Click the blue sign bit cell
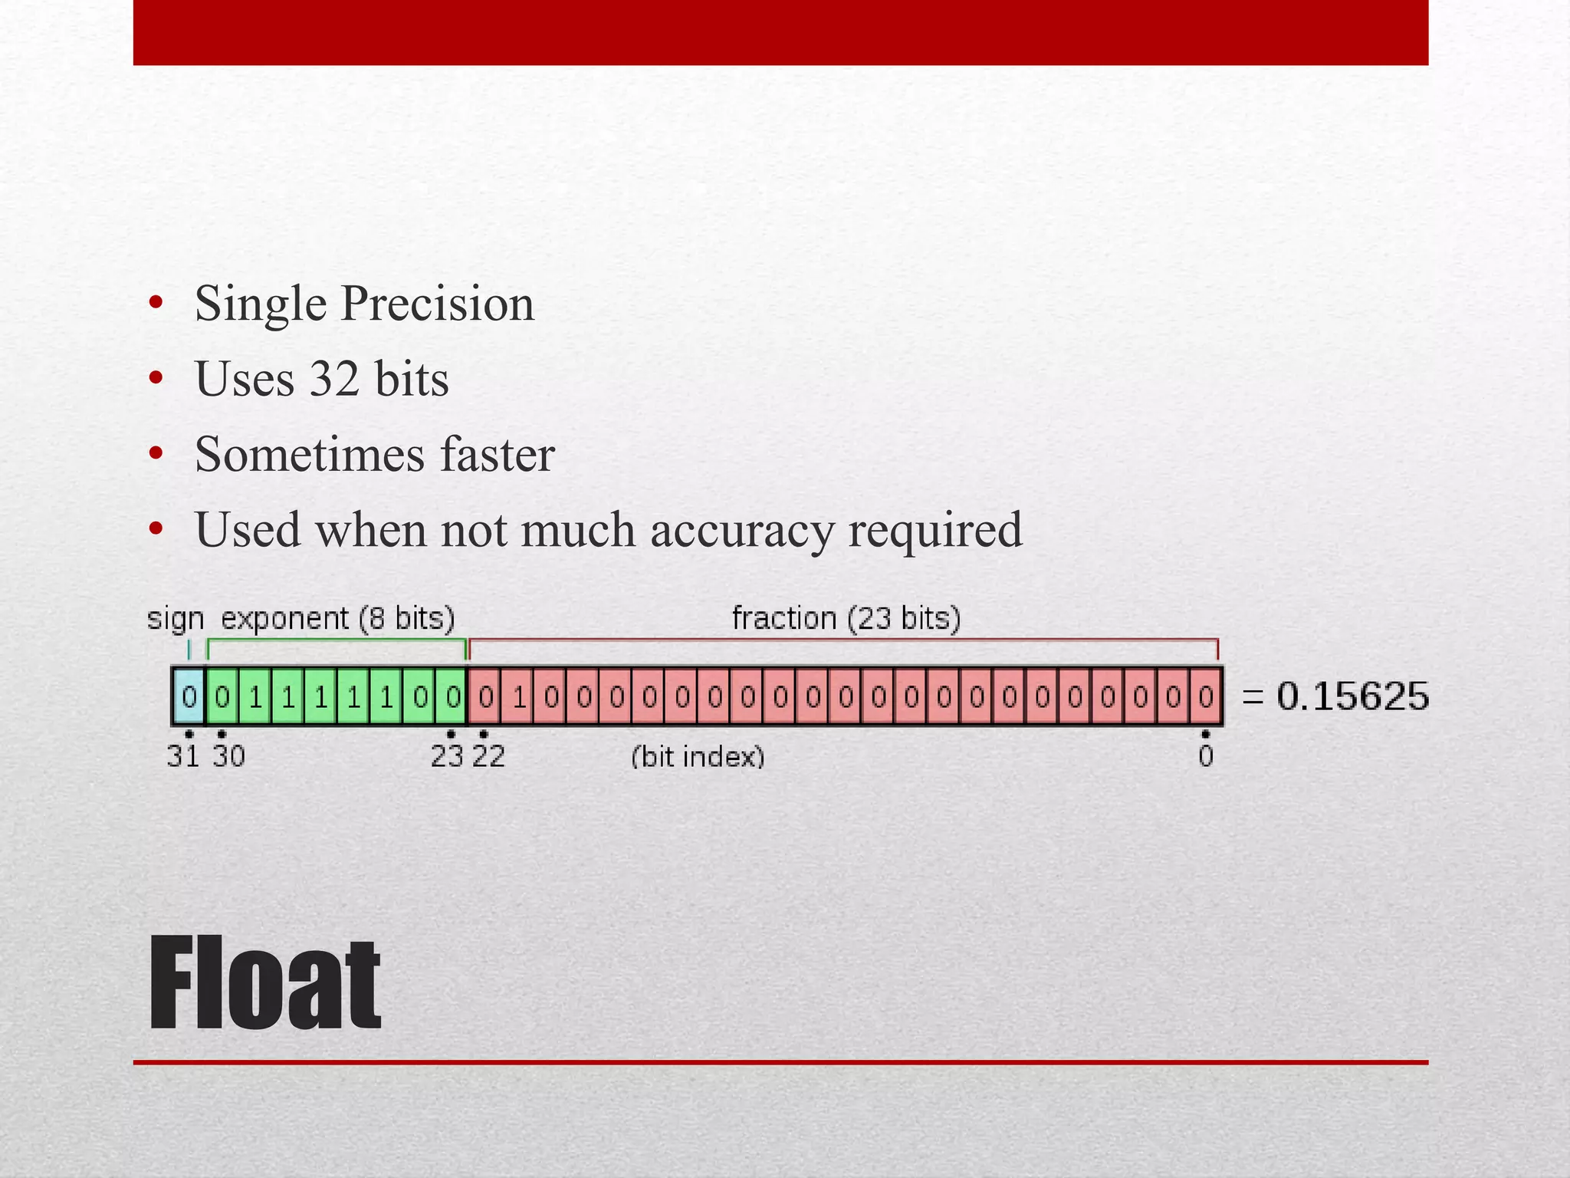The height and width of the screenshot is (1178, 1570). click(x=189, y=696)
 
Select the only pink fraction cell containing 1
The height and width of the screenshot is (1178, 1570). click(x=519, y=696)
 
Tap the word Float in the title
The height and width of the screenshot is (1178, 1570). click(x=264, y=985)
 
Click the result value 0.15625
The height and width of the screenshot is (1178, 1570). click(x=1352, y=696)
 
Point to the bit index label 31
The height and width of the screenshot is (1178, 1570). click(x=183, y=757)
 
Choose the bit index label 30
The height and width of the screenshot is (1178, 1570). click(x=228, y=757)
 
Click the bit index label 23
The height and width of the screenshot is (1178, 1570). click(x=447, y=757)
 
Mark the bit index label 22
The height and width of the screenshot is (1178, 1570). click(x=488, y=757)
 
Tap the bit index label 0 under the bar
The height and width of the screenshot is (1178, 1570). click(x=1205, y=757)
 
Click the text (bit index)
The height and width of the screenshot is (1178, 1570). click(x=698, y=757)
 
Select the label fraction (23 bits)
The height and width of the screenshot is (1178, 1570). click(x=846, y=618)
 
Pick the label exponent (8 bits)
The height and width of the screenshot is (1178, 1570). click(x=338, y=618)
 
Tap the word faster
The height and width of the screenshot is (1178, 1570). click(x=497, y=454)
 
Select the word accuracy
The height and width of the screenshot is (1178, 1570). click(x=742, y=530)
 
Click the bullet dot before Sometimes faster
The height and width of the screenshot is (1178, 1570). click(x=156, y=454)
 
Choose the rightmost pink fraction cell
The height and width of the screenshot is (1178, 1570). click(x=1205, y=696)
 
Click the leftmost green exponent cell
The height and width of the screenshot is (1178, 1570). click(x=222, y=696)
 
